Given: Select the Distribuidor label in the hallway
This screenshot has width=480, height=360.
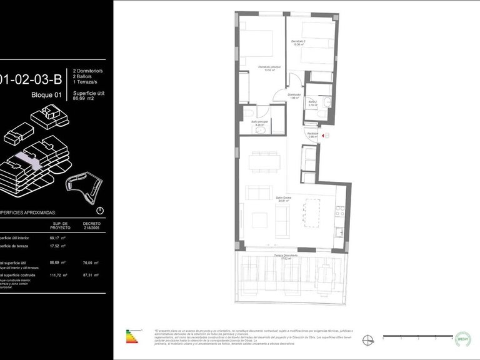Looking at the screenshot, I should (295, 96).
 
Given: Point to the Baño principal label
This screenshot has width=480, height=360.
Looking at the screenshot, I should (259, 124).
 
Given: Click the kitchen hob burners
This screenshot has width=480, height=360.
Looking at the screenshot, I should (339, 212).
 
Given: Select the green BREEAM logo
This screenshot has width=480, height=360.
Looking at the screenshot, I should (462, 337).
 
